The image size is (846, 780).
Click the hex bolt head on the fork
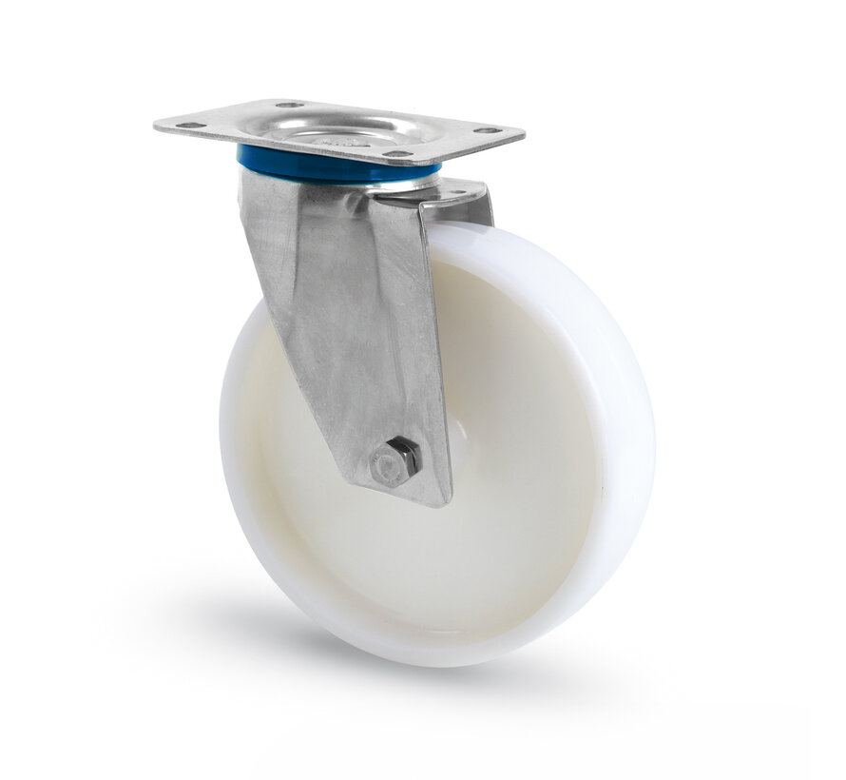395,462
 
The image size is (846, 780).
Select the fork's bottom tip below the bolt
433,499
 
